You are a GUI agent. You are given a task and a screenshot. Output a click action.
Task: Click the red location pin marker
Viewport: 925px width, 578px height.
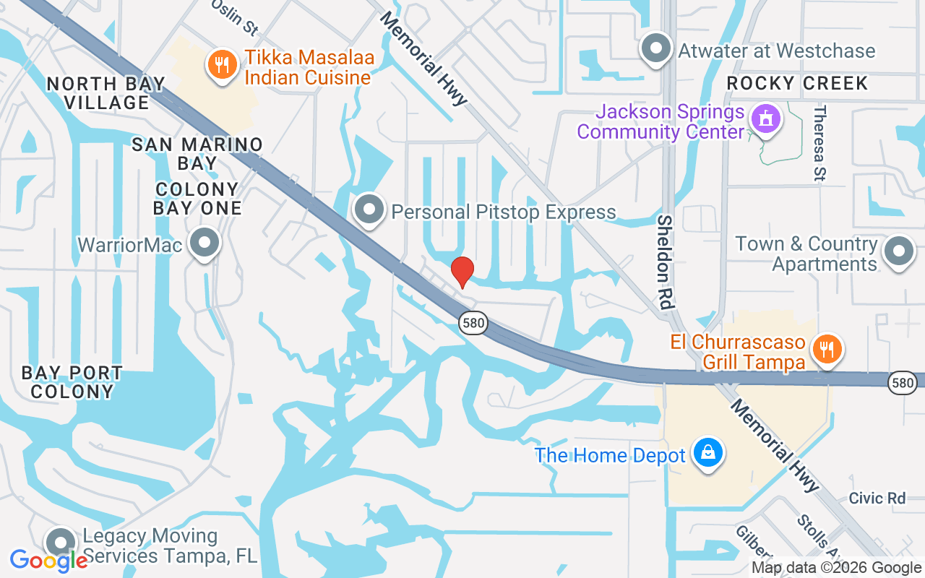coord(462,272)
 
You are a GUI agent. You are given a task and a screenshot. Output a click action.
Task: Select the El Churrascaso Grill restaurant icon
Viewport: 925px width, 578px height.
coord(827,349)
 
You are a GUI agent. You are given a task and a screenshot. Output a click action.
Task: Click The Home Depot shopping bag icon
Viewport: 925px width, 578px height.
coord(708,453)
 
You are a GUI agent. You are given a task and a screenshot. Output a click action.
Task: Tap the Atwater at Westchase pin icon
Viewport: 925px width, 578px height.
coord(656,49)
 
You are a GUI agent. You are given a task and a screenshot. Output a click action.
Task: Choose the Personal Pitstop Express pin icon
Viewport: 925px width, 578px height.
coord(369,210)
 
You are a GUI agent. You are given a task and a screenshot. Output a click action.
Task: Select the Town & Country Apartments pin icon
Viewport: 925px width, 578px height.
coord(899,252)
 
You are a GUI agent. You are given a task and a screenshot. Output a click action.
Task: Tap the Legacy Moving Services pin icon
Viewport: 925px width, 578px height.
coord(61,543)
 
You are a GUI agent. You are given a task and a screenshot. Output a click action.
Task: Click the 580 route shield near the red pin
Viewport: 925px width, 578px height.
coord(473,322)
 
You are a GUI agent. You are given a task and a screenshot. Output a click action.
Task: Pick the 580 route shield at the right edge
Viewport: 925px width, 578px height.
coord(903,382)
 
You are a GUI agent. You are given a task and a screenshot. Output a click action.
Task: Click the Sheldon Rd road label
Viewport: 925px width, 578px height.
coord(666,262)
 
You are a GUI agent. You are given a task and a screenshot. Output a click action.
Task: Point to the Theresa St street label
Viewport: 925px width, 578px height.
coord(819,143)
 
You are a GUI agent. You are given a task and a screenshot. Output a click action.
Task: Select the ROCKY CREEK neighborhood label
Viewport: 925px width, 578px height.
coord(797,83)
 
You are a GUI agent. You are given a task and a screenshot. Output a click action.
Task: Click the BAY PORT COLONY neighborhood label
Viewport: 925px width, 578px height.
coord(72,382)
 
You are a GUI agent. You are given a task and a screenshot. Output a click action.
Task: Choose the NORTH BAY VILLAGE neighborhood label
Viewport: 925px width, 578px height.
coord(107,93)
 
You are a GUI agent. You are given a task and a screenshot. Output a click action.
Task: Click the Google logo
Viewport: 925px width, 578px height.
coord(49,560)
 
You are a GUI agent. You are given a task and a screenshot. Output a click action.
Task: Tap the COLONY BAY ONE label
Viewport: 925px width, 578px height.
coord(197,199)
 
